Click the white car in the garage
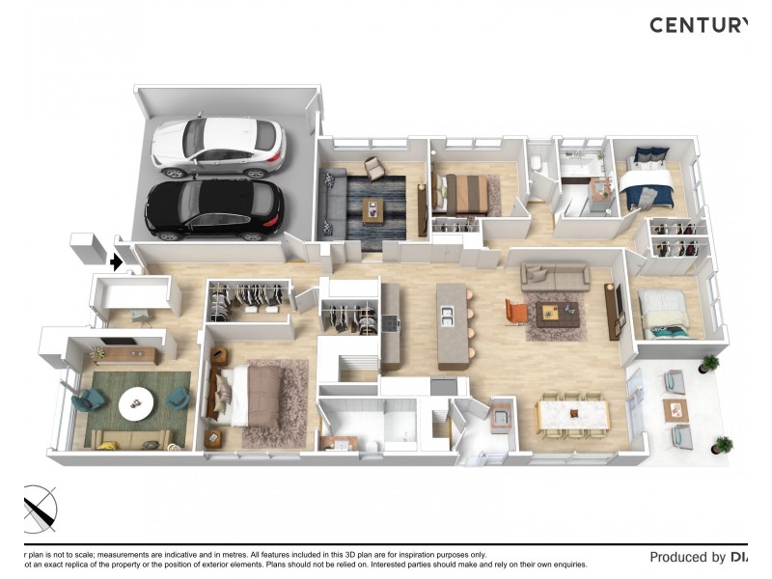218,147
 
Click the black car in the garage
214,208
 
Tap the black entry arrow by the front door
116,262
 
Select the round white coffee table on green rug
134,402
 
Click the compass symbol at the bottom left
39,508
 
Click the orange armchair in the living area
516,312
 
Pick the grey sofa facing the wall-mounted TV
555,276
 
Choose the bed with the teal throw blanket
665,315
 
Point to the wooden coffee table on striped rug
372,209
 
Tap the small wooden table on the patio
675,410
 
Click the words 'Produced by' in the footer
687,557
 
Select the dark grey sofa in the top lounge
333,203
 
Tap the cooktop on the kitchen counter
391,323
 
